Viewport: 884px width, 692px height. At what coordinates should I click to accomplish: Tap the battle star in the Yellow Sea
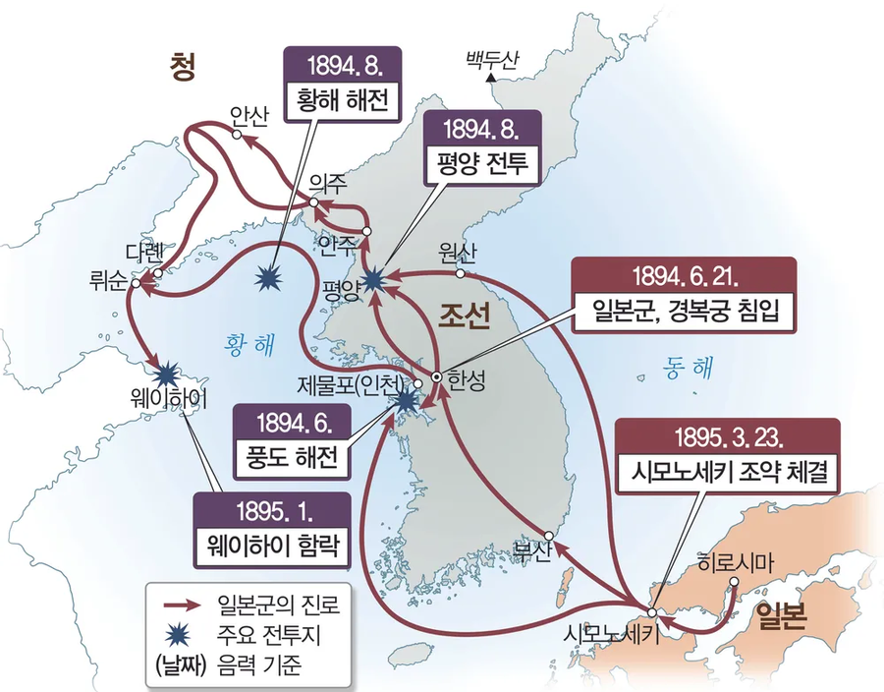click(267, 279)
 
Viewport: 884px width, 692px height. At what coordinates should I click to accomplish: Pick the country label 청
click(182, 67)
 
